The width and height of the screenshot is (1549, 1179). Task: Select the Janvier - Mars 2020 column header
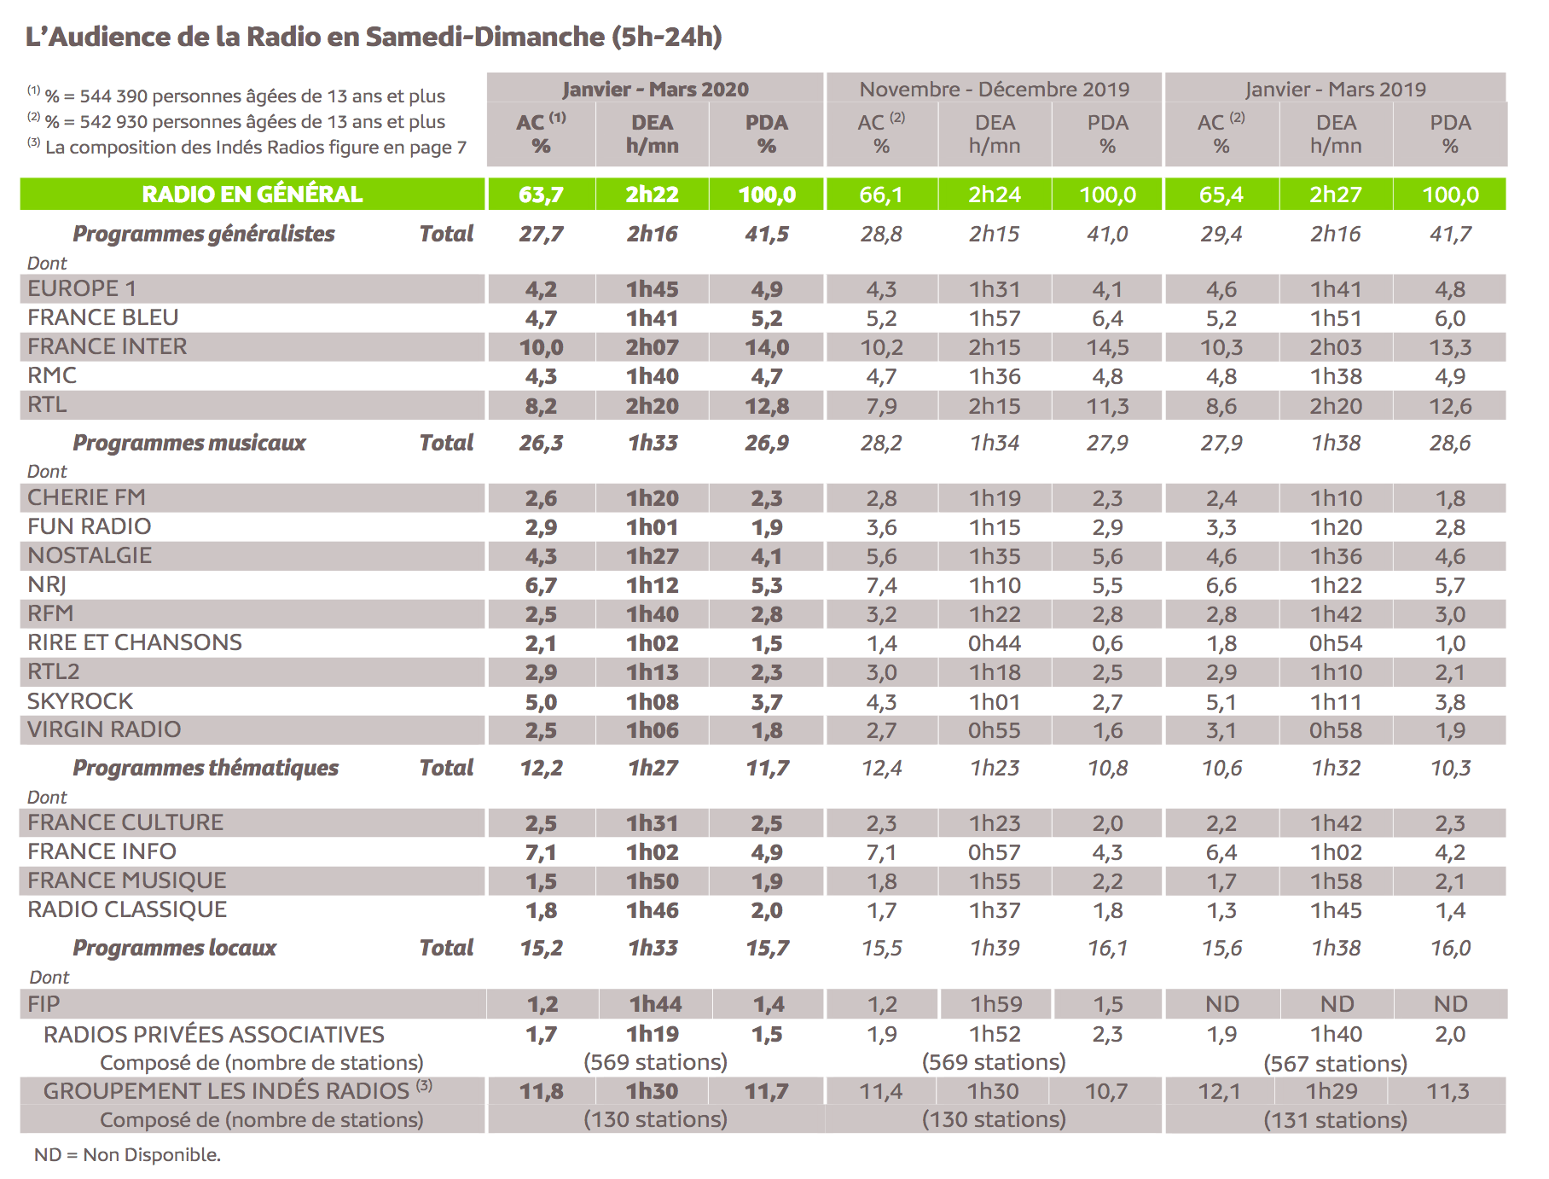coord(654,90)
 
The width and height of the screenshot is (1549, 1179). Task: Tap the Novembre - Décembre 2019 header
coord(994,90)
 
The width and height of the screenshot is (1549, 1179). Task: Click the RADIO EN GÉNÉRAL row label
coord(252,195)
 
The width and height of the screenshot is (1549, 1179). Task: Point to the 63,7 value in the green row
coord(541,195)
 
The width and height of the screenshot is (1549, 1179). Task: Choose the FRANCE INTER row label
coord(107,346)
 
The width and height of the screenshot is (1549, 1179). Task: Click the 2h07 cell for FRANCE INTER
coord(653,347)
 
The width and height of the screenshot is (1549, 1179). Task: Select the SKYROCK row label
coord(80,701)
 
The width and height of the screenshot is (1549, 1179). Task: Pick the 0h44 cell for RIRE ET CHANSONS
coord(995,643)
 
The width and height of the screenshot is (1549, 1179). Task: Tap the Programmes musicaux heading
coord(189,443)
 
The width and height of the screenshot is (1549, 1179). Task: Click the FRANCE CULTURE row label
coord(125,822)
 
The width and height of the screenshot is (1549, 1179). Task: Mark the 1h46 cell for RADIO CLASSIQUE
coord(653,910)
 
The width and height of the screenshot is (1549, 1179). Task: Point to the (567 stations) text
coord(1335,1064)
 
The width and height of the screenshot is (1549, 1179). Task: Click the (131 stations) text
coord(1335,1120)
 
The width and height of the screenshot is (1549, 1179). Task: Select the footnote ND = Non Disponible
coord(127,1155)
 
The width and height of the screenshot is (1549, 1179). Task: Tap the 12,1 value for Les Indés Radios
coord(1219,1091)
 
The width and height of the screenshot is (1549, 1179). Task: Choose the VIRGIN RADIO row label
coord(104,729)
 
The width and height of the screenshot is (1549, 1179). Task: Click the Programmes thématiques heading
coord(206,768)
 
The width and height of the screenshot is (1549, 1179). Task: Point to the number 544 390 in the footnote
coord(115,96)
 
